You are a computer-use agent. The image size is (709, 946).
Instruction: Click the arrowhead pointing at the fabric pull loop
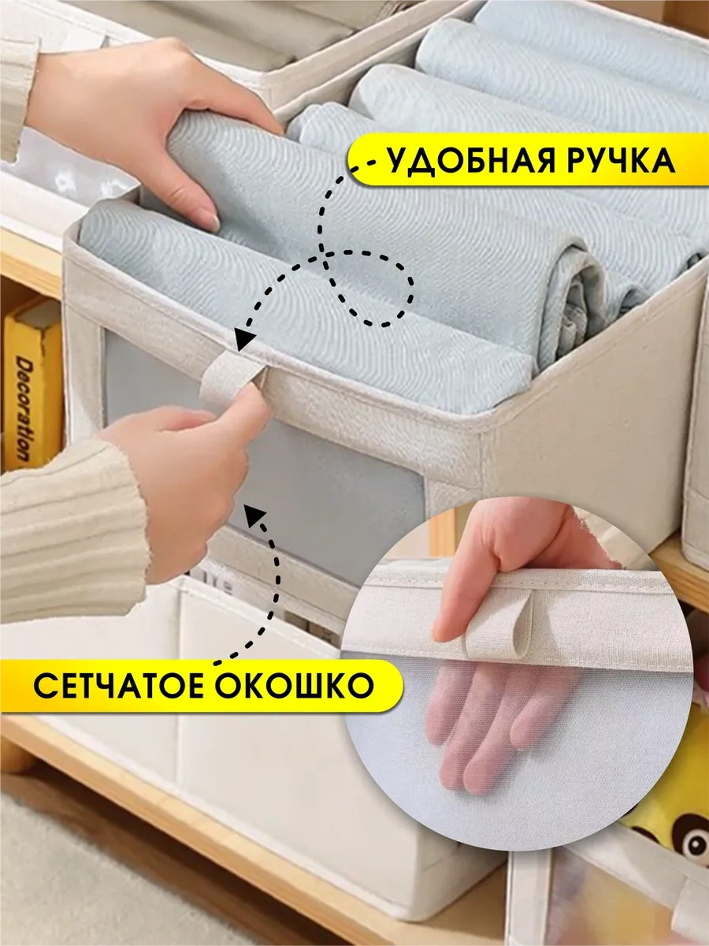pyautogui.click(x=243, y=337)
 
